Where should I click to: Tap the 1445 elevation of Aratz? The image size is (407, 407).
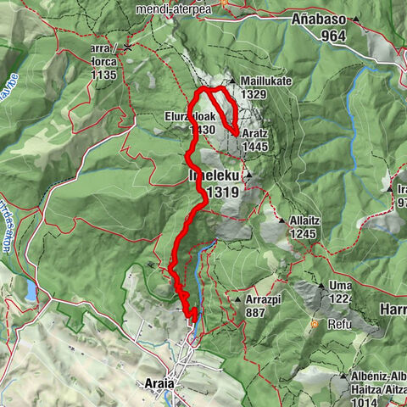tap(255, 146)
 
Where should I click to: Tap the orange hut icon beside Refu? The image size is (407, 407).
tap(315, 324)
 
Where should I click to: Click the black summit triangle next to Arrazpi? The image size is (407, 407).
tap(231, 298)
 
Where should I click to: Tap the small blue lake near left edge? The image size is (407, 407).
tap(32, 292)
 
